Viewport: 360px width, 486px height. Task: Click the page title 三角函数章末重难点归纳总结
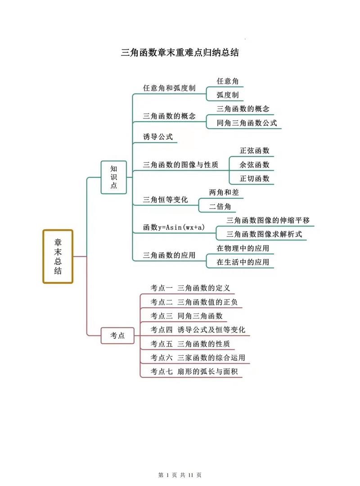tap(180, 52)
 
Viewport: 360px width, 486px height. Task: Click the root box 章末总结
tap(58, 256)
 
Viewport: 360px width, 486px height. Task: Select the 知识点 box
tap(113, 177)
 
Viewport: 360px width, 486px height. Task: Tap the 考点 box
tap(117, 336)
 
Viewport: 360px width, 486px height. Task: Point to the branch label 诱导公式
tap(158, 136)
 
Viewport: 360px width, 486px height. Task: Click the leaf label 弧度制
tap(228, 95)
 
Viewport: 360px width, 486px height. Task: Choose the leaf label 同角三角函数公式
tap(247, 123)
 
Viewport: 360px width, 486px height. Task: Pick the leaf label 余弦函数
tap(254, 164)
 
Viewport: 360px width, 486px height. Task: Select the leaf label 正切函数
tap(254, 178)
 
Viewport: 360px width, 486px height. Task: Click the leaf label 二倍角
tap(220, 206)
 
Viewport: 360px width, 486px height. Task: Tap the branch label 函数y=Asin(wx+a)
tap(174, 227)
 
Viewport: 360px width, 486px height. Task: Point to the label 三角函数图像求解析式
tap(264, 234)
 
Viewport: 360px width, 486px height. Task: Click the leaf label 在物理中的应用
tap(243, 248)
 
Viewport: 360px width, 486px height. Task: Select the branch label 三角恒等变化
tap(165, 200)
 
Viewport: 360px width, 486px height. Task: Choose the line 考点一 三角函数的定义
tap(190, 288)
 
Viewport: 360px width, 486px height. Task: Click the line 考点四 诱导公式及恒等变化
tap(198, 330)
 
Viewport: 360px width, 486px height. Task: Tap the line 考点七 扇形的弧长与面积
tap(194, 371)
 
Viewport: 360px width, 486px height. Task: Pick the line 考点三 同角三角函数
tap(187, 316)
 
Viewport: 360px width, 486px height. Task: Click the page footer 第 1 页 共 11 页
tap(180, 475)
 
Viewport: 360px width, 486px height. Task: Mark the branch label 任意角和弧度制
tap(169, 88)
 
